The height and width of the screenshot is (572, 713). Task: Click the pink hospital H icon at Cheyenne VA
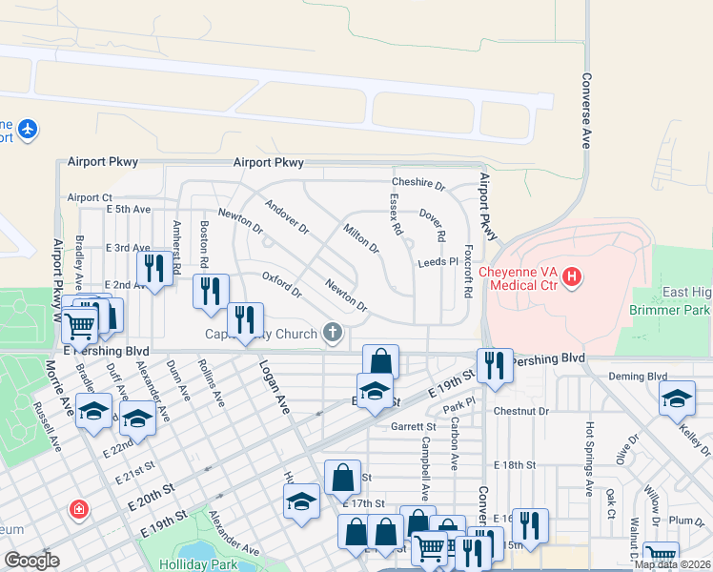click(572, 277)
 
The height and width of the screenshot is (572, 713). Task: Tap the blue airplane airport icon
click(28, 128)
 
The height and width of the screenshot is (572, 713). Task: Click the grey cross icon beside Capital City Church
click(332, 333)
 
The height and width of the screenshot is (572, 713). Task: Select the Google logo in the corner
click(31, 561)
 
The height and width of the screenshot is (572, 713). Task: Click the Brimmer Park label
click(670, 310)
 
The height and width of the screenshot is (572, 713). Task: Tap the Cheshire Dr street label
click(418, 183)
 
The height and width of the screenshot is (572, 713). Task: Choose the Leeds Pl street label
click(438, 261)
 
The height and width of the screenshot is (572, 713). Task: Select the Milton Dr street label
click(361, 238)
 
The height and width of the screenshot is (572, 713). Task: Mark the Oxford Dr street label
click(281, 284)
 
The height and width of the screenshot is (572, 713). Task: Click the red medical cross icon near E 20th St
click(76, 510)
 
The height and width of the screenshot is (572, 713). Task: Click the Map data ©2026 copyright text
click(672, 564)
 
